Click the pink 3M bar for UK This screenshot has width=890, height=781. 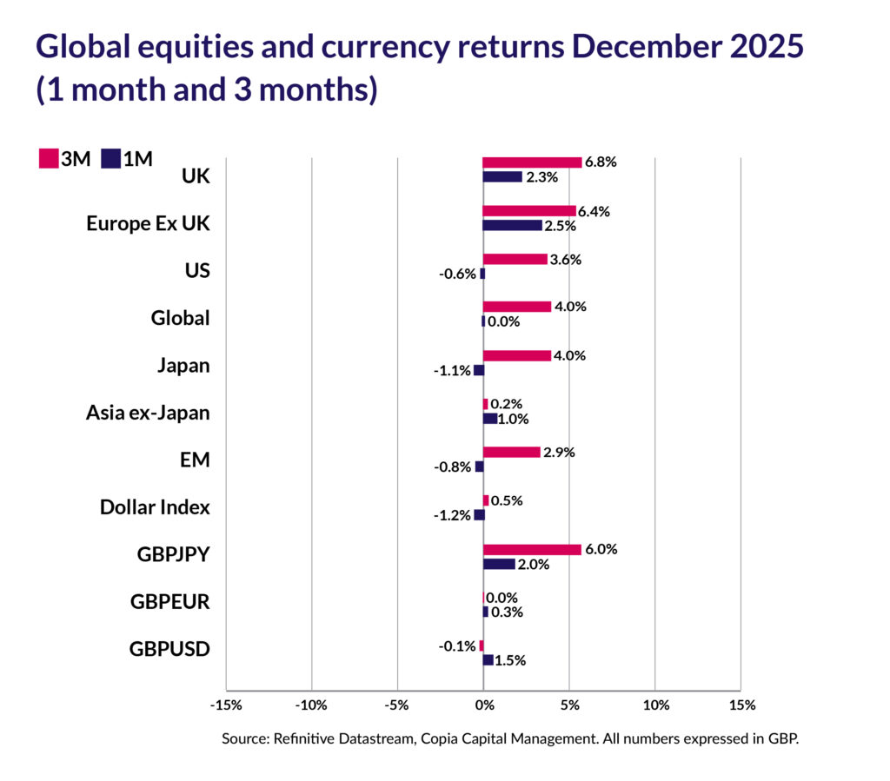point(532,162)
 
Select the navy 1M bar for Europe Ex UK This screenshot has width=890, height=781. point(512,226)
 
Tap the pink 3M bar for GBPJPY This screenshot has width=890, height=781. point(532,549)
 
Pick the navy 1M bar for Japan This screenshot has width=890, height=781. point(478,370)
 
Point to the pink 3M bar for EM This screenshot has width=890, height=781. point(511,452)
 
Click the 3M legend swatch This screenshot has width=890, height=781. point(49,158)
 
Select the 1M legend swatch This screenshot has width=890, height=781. point(110,158)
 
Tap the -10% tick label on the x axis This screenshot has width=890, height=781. point(311,705)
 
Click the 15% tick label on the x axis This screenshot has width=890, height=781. point(741,705)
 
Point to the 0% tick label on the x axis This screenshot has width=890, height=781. point(483,705)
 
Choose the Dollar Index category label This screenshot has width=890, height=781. point(155,506)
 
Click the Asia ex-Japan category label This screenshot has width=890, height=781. point(148,413)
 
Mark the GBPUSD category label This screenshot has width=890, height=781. point(169,648)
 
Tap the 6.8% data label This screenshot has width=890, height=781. point(601,162)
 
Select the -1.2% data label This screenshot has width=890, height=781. point(453,515)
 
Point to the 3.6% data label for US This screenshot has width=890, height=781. point(566,259)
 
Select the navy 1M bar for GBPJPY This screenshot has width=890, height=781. point(499,564)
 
